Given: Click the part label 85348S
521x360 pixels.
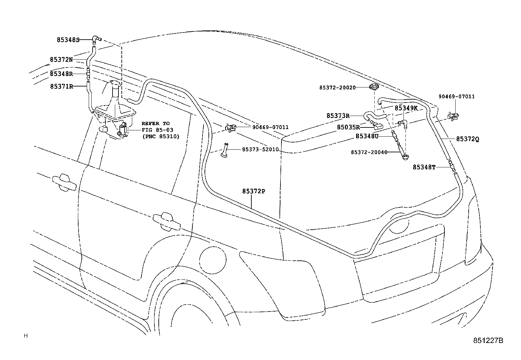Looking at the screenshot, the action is point(68,40).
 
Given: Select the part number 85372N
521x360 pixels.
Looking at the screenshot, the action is point(62,60).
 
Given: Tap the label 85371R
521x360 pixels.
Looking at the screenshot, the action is point(62,86).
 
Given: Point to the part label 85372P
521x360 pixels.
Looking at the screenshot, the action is point(254,191).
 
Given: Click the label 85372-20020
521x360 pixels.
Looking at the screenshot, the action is point(337,87).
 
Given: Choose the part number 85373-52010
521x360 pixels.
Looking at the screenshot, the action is point(260,149).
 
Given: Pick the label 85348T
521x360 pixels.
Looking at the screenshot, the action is point(424,167).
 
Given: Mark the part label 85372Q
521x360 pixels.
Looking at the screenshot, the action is point(468,139).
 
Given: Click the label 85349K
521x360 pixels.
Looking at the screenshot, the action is point(406,108).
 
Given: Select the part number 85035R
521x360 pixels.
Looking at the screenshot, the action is point(349,127).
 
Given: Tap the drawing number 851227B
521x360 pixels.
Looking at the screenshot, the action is point(488,340).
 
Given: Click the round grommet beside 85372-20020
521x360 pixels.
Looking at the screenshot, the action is point(374,86).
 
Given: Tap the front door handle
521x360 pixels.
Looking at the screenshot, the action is point(64,182).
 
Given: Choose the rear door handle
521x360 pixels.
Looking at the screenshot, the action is point(167,221).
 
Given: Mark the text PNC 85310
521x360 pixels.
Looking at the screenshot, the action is point(161,137).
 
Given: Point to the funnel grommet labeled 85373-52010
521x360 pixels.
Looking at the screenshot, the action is point(225,150).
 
